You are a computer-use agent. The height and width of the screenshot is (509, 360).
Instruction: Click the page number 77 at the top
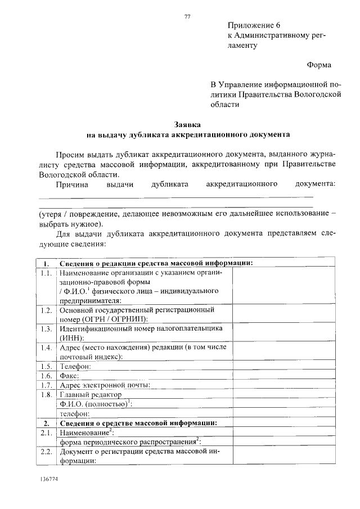pos(187,16)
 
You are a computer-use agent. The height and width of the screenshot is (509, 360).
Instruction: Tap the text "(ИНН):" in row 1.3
pos(72,337)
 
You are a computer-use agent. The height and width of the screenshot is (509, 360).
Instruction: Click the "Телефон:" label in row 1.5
pos(76,366)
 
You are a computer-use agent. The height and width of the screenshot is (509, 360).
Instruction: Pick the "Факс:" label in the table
pos(70,375)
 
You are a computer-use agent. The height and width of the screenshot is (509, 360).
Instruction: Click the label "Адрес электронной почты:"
pos(105,385)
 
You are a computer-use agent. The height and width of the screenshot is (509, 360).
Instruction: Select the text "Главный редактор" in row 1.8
pos(91,394)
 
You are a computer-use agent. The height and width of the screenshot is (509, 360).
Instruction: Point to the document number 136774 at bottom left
pos(49,479)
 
